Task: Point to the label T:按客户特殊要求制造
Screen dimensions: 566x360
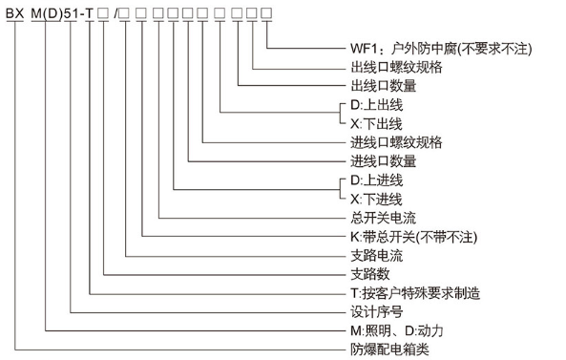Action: click(x=414, y=292)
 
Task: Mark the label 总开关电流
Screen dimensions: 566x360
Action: click(x=383, y=218)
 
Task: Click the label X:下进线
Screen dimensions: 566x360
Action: click(x=376, y=199)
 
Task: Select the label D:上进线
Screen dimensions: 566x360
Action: click(x=376, y=180)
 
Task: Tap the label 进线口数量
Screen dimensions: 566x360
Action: click(x=383, y=160)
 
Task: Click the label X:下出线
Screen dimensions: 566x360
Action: click(x=376, y=123)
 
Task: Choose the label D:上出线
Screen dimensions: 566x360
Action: click(x=376, y=104)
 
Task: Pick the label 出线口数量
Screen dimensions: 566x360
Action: click(x=383, y=86)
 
